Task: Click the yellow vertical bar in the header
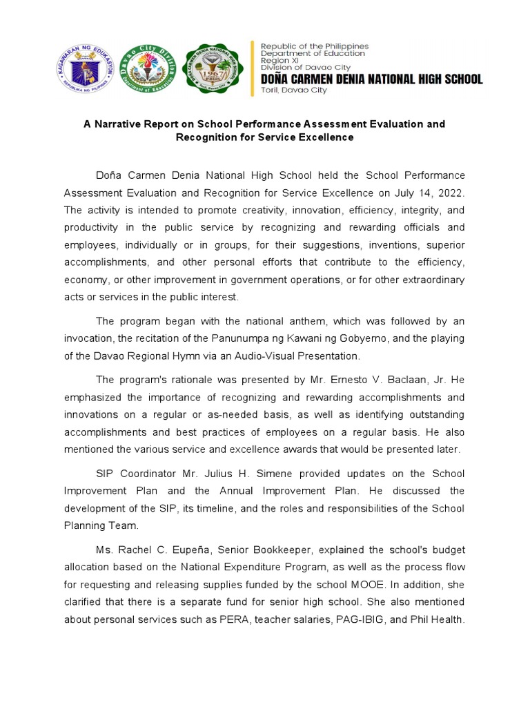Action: click(253, 67)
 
